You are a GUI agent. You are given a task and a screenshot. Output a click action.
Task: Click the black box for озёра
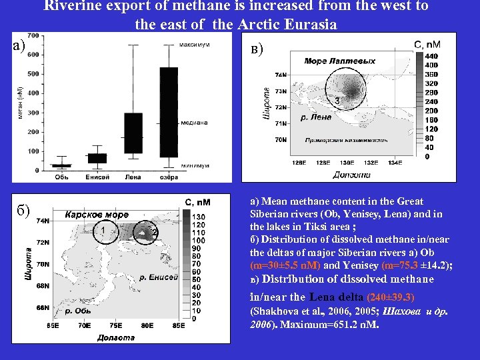point(169,112)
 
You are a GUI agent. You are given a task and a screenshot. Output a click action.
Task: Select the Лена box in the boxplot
point(133,133)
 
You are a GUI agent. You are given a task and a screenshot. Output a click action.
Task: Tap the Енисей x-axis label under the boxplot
point(97,177)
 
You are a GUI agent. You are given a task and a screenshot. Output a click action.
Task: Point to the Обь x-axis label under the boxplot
point(61,177)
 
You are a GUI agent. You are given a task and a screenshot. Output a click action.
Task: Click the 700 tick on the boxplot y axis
point(32,35)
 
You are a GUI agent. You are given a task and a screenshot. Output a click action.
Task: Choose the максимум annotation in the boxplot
point(195,45)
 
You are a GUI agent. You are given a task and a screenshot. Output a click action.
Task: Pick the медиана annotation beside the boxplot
point(194,122)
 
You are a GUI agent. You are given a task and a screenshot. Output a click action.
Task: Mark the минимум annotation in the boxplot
point(195,165)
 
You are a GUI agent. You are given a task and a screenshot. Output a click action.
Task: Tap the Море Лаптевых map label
point(339,61)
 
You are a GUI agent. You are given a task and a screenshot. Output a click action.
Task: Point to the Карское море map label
point(97,215)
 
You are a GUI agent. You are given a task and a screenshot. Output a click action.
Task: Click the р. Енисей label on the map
point(159,277)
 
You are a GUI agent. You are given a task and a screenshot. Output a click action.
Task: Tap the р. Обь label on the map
point(74,311)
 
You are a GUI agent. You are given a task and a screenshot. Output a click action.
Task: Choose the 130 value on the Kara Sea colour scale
point(198,217)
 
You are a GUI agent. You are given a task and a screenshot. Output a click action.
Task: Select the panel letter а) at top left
point(19,45)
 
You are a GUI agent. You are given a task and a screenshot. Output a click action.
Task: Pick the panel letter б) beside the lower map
point(23,212)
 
